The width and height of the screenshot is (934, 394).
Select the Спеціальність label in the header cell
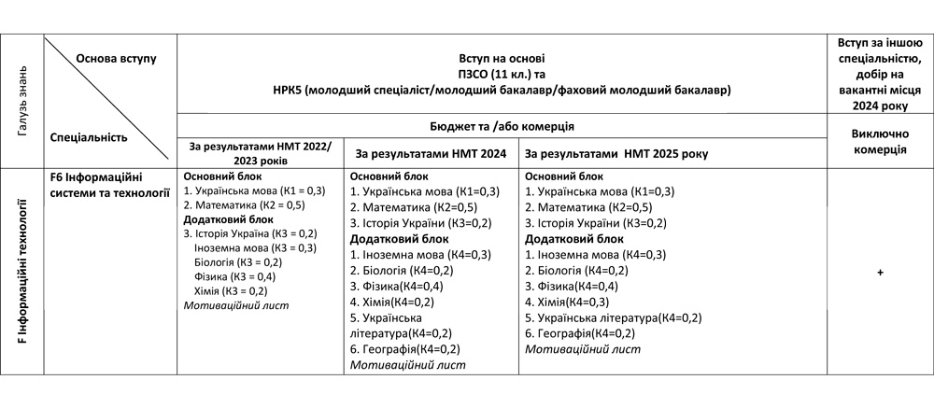coord(88,136)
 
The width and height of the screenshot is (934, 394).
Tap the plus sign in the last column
coord(880,272)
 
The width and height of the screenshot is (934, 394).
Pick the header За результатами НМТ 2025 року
coord(616,152)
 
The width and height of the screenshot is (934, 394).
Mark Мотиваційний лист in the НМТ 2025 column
coord(583,349)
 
